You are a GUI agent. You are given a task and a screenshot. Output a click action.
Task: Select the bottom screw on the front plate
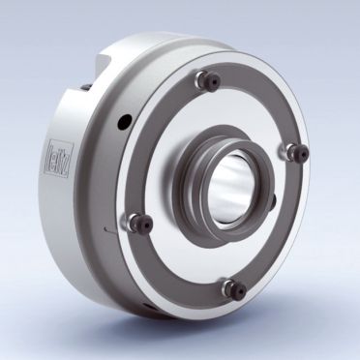point(230,285)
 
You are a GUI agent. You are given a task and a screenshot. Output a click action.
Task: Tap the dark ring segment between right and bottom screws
point(281,232)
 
